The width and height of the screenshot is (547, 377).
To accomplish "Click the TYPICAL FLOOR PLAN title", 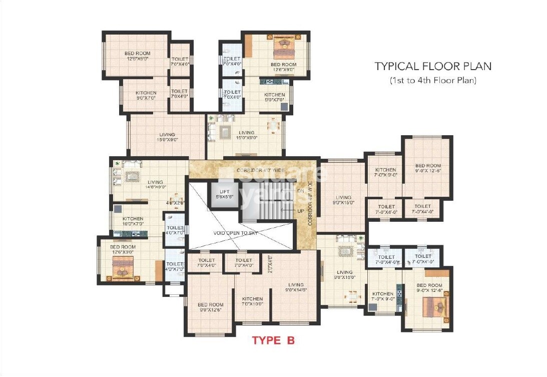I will [433, 66].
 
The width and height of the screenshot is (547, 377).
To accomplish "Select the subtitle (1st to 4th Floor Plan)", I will [433, 80].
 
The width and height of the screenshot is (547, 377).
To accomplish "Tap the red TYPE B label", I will [273, 341].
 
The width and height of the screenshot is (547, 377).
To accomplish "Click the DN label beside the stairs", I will [300, 191].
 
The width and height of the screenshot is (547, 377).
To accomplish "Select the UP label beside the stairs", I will [300, 212].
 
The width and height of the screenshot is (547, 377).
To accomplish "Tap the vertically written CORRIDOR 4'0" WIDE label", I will [310, 206].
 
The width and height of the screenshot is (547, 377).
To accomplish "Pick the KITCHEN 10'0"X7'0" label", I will [133, 221].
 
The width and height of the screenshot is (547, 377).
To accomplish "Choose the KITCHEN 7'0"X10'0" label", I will [252, 301].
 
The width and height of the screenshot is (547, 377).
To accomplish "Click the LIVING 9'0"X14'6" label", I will [296, 287].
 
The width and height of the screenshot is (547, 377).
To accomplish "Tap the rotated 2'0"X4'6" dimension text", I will [269, 264].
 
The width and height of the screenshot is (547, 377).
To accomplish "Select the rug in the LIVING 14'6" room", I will [133, 176].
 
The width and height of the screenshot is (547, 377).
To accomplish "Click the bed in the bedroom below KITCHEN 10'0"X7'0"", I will [122, 272].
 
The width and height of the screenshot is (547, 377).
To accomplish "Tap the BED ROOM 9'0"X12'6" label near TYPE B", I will [210, 307].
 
